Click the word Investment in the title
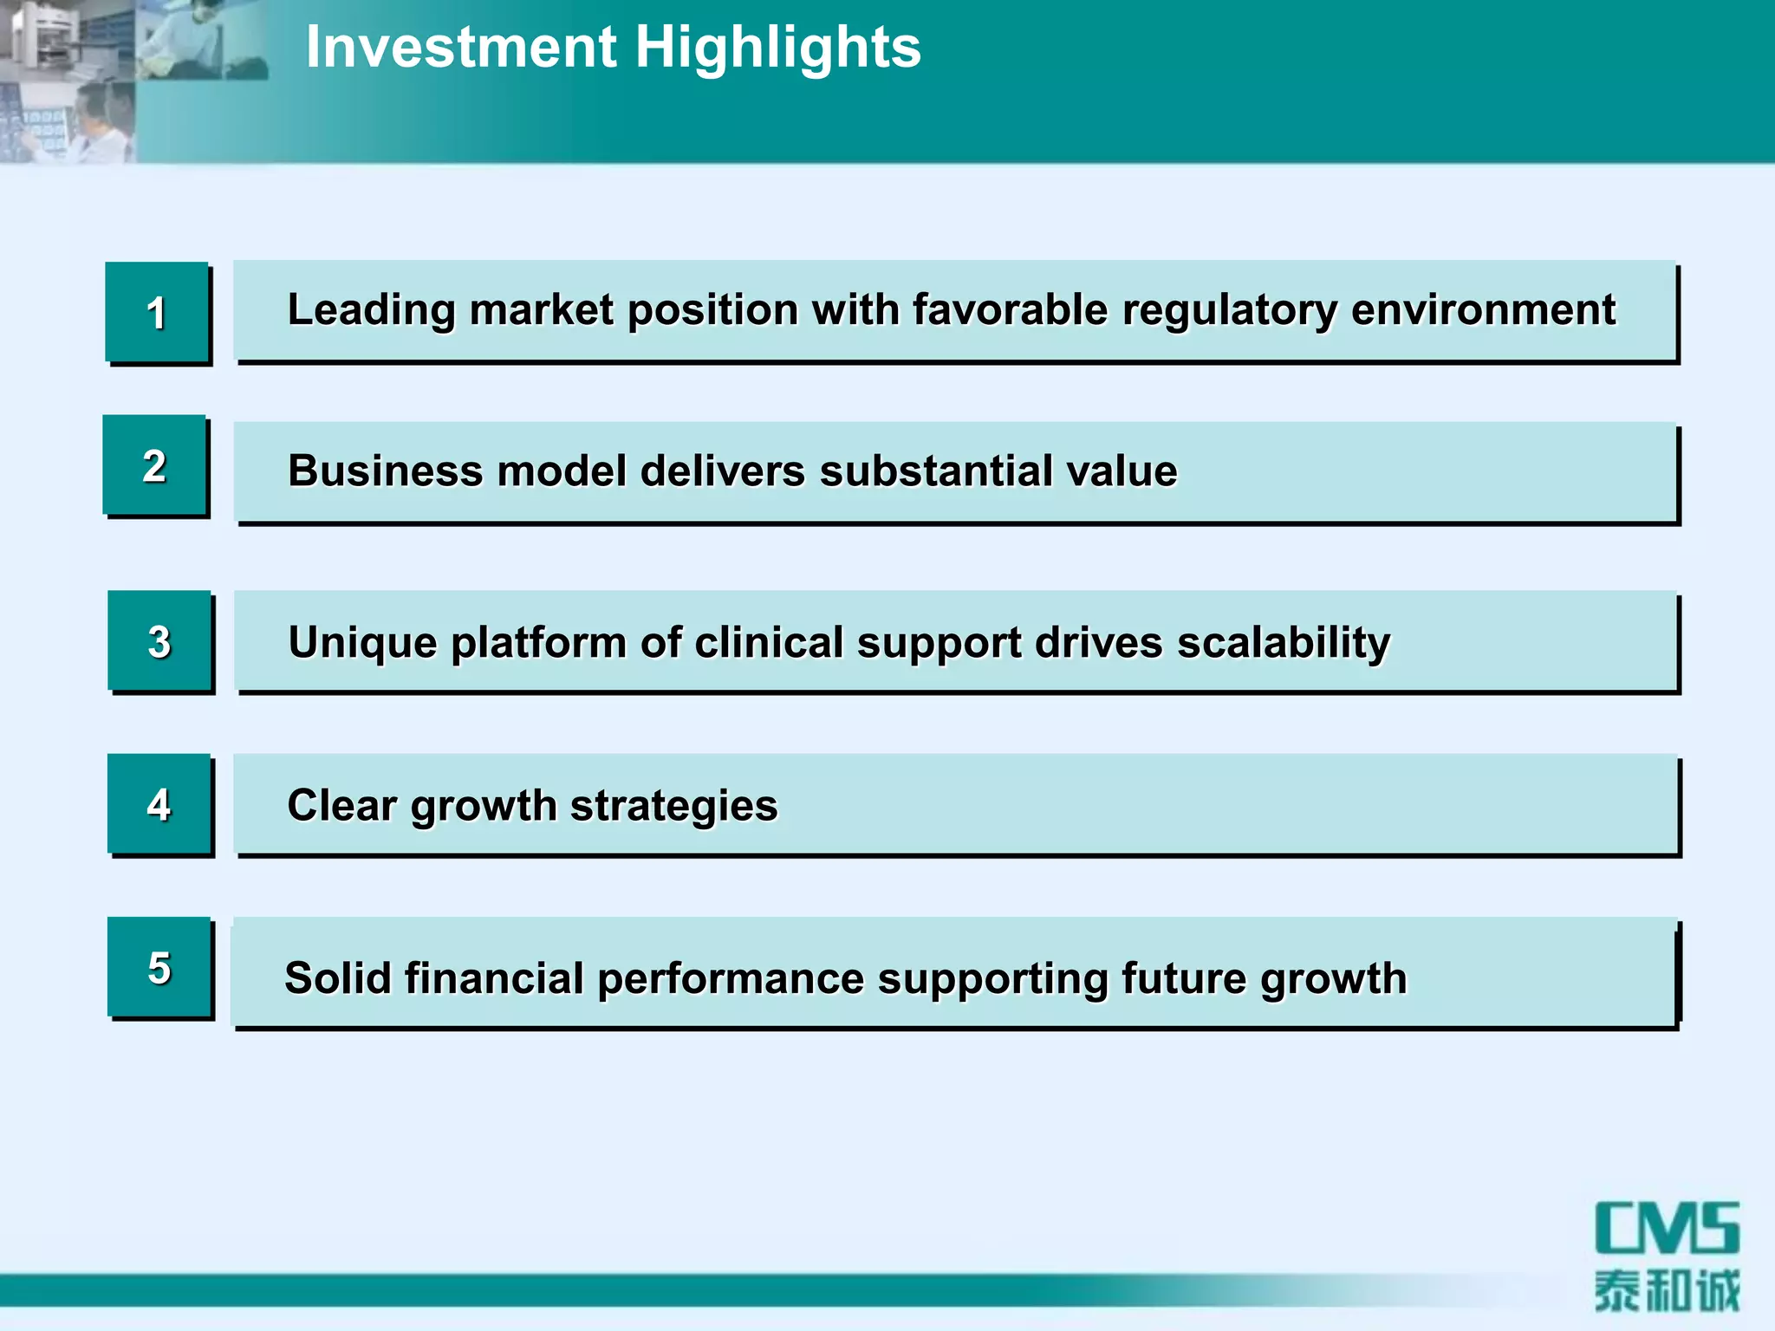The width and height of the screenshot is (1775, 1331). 460,47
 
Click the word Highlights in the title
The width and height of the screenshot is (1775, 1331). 777,47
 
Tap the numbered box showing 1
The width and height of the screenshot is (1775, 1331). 157,312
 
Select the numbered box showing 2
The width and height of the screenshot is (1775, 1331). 155,466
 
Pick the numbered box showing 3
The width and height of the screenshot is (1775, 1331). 159,641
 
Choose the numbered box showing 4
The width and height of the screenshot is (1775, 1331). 159,804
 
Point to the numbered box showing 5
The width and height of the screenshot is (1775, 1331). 159,967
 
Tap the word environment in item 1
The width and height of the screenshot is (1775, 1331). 1483,310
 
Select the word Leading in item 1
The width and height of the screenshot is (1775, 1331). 371,310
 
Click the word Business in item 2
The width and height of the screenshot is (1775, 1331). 385,471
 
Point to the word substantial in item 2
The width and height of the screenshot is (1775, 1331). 935,471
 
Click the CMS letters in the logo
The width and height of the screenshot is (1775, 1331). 1667,1228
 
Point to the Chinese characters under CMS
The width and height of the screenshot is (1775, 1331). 1667,1291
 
